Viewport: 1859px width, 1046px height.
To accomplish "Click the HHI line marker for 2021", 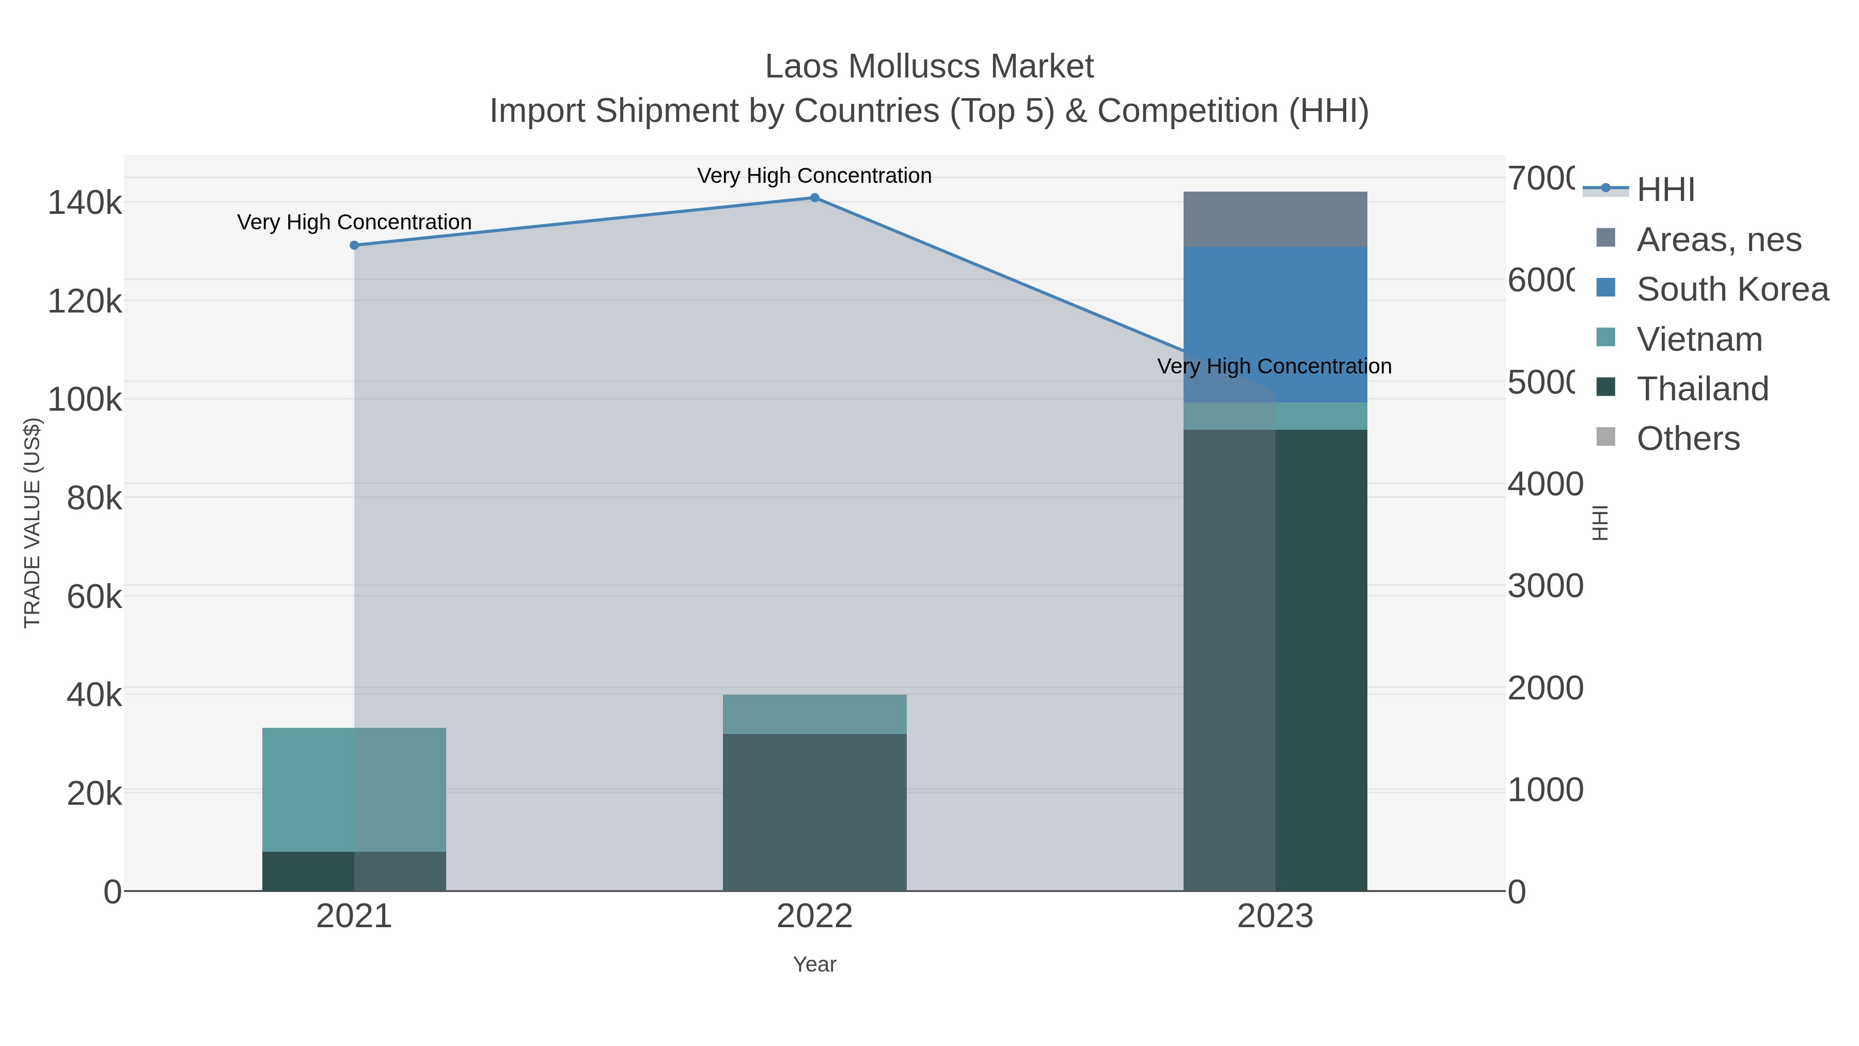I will [354, 245].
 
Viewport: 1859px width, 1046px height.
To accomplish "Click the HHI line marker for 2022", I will [814, 198].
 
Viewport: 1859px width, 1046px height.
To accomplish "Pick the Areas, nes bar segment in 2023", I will [1275, 220].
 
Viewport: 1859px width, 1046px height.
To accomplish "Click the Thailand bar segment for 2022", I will [814, 812].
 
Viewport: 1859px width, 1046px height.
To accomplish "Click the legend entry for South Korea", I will [1732, 289].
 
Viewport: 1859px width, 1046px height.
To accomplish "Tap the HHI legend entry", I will [1665, 190].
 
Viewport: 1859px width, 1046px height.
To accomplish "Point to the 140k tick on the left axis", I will [85, 203].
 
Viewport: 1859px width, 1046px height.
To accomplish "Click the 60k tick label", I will [94, 597].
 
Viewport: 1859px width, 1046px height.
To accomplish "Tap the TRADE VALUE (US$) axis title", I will [33, 523].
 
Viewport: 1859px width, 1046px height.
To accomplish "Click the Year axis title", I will [814, 964].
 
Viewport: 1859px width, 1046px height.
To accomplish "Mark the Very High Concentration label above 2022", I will [814, 176].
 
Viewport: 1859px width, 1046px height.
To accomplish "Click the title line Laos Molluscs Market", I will [929, 67].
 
